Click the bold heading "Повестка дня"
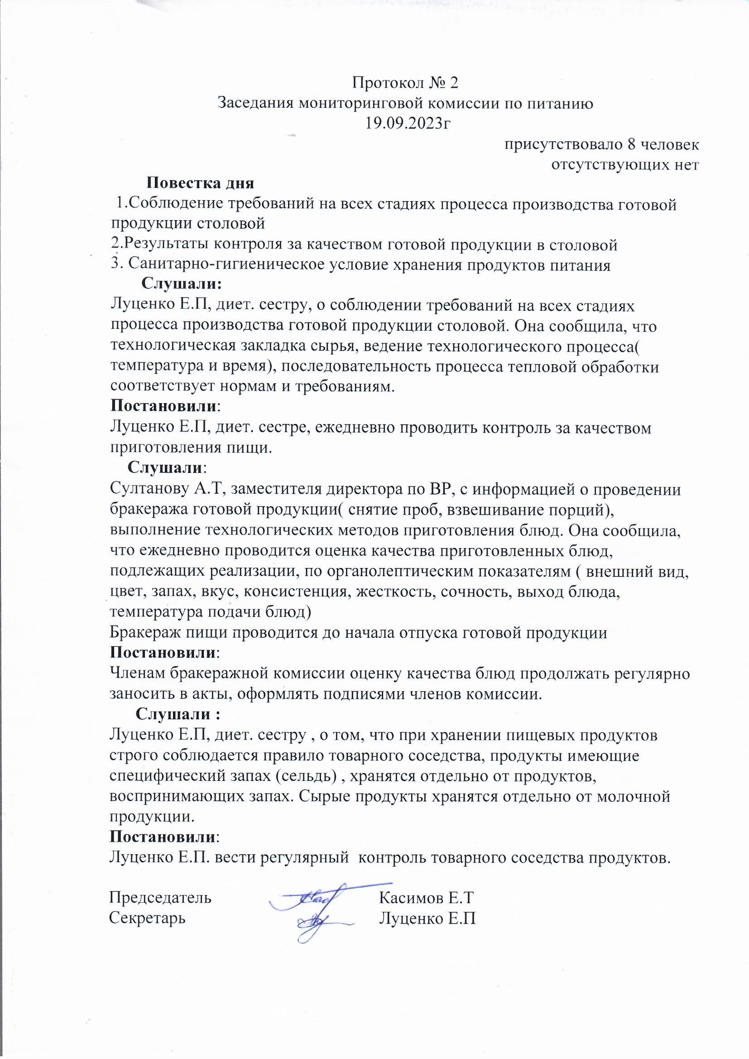(201, 183)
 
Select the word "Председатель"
(160, 898)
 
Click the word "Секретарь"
(148, 918)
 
